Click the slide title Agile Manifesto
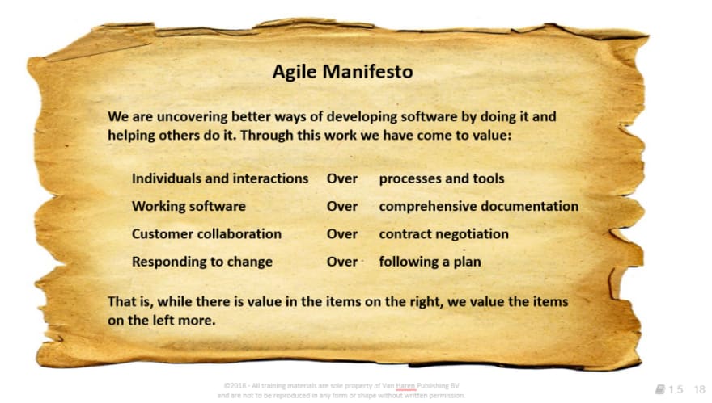[342, 72]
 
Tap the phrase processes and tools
[442, 178]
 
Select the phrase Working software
[189, 206]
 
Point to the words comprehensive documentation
[479, 206]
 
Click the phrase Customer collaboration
[206, 234]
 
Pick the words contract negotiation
[443, 234]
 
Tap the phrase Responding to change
[202, 262]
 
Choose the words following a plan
[430, 262]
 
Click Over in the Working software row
[342, 206]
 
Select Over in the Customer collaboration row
[342, 234]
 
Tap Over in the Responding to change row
[342, 262]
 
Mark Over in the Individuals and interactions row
[342, 178]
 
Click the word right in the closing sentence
[424, 302]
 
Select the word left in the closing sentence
[163, 320]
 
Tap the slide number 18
[699, 389]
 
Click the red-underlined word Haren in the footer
[405, 386]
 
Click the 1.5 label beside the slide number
[676, 389]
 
